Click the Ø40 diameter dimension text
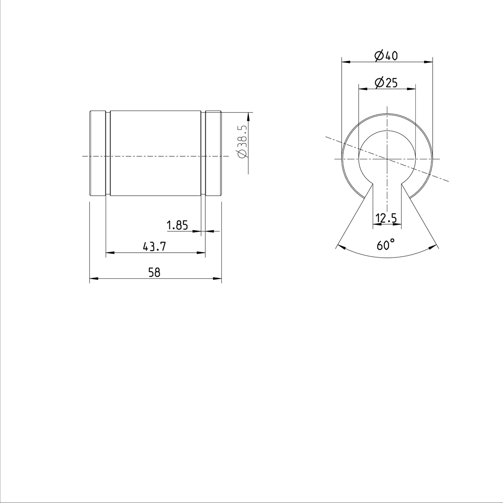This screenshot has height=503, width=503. click(x=386, y=56)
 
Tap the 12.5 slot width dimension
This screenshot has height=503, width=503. click(x=386, y=218)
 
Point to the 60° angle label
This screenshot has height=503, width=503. click(x=386, y=245)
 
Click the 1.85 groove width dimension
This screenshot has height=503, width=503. click(x=177, y=226)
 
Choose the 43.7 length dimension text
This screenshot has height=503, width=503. click(x=154, y=247)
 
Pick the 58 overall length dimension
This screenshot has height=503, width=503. click(x=154, y=272)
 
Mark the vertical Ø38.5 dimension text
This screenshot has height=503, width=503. click(x=243, y=142)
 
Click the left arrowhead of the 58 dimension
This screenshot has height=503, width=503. click(x=93, y=278)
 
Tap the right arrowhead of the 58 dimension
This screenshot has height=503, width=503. click(x=218, y=278)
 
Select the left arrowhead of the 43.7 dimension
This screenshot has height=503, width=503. click(x=109, y=253)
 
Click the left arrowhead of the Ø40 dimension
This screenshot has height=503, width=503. click(x=345, y=62)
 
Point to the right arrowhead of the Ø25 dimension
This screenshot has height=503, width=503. click(x=412, y=88)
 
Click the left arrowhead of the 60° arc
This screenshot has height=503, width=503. click(x=341, y=247)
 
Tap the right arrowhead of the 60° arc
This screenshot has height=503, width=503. click(x=433, y=247)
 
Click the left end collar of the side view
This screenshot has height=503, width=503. click(x=97, y=153)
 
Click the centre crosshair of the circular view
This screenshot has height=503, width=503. click(x=386, y=159)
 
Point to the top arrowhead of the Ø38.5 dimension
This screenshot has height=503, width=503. click(x=248, y=116)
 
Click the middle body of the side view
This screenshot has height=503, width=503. click(x=155, y=138)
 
